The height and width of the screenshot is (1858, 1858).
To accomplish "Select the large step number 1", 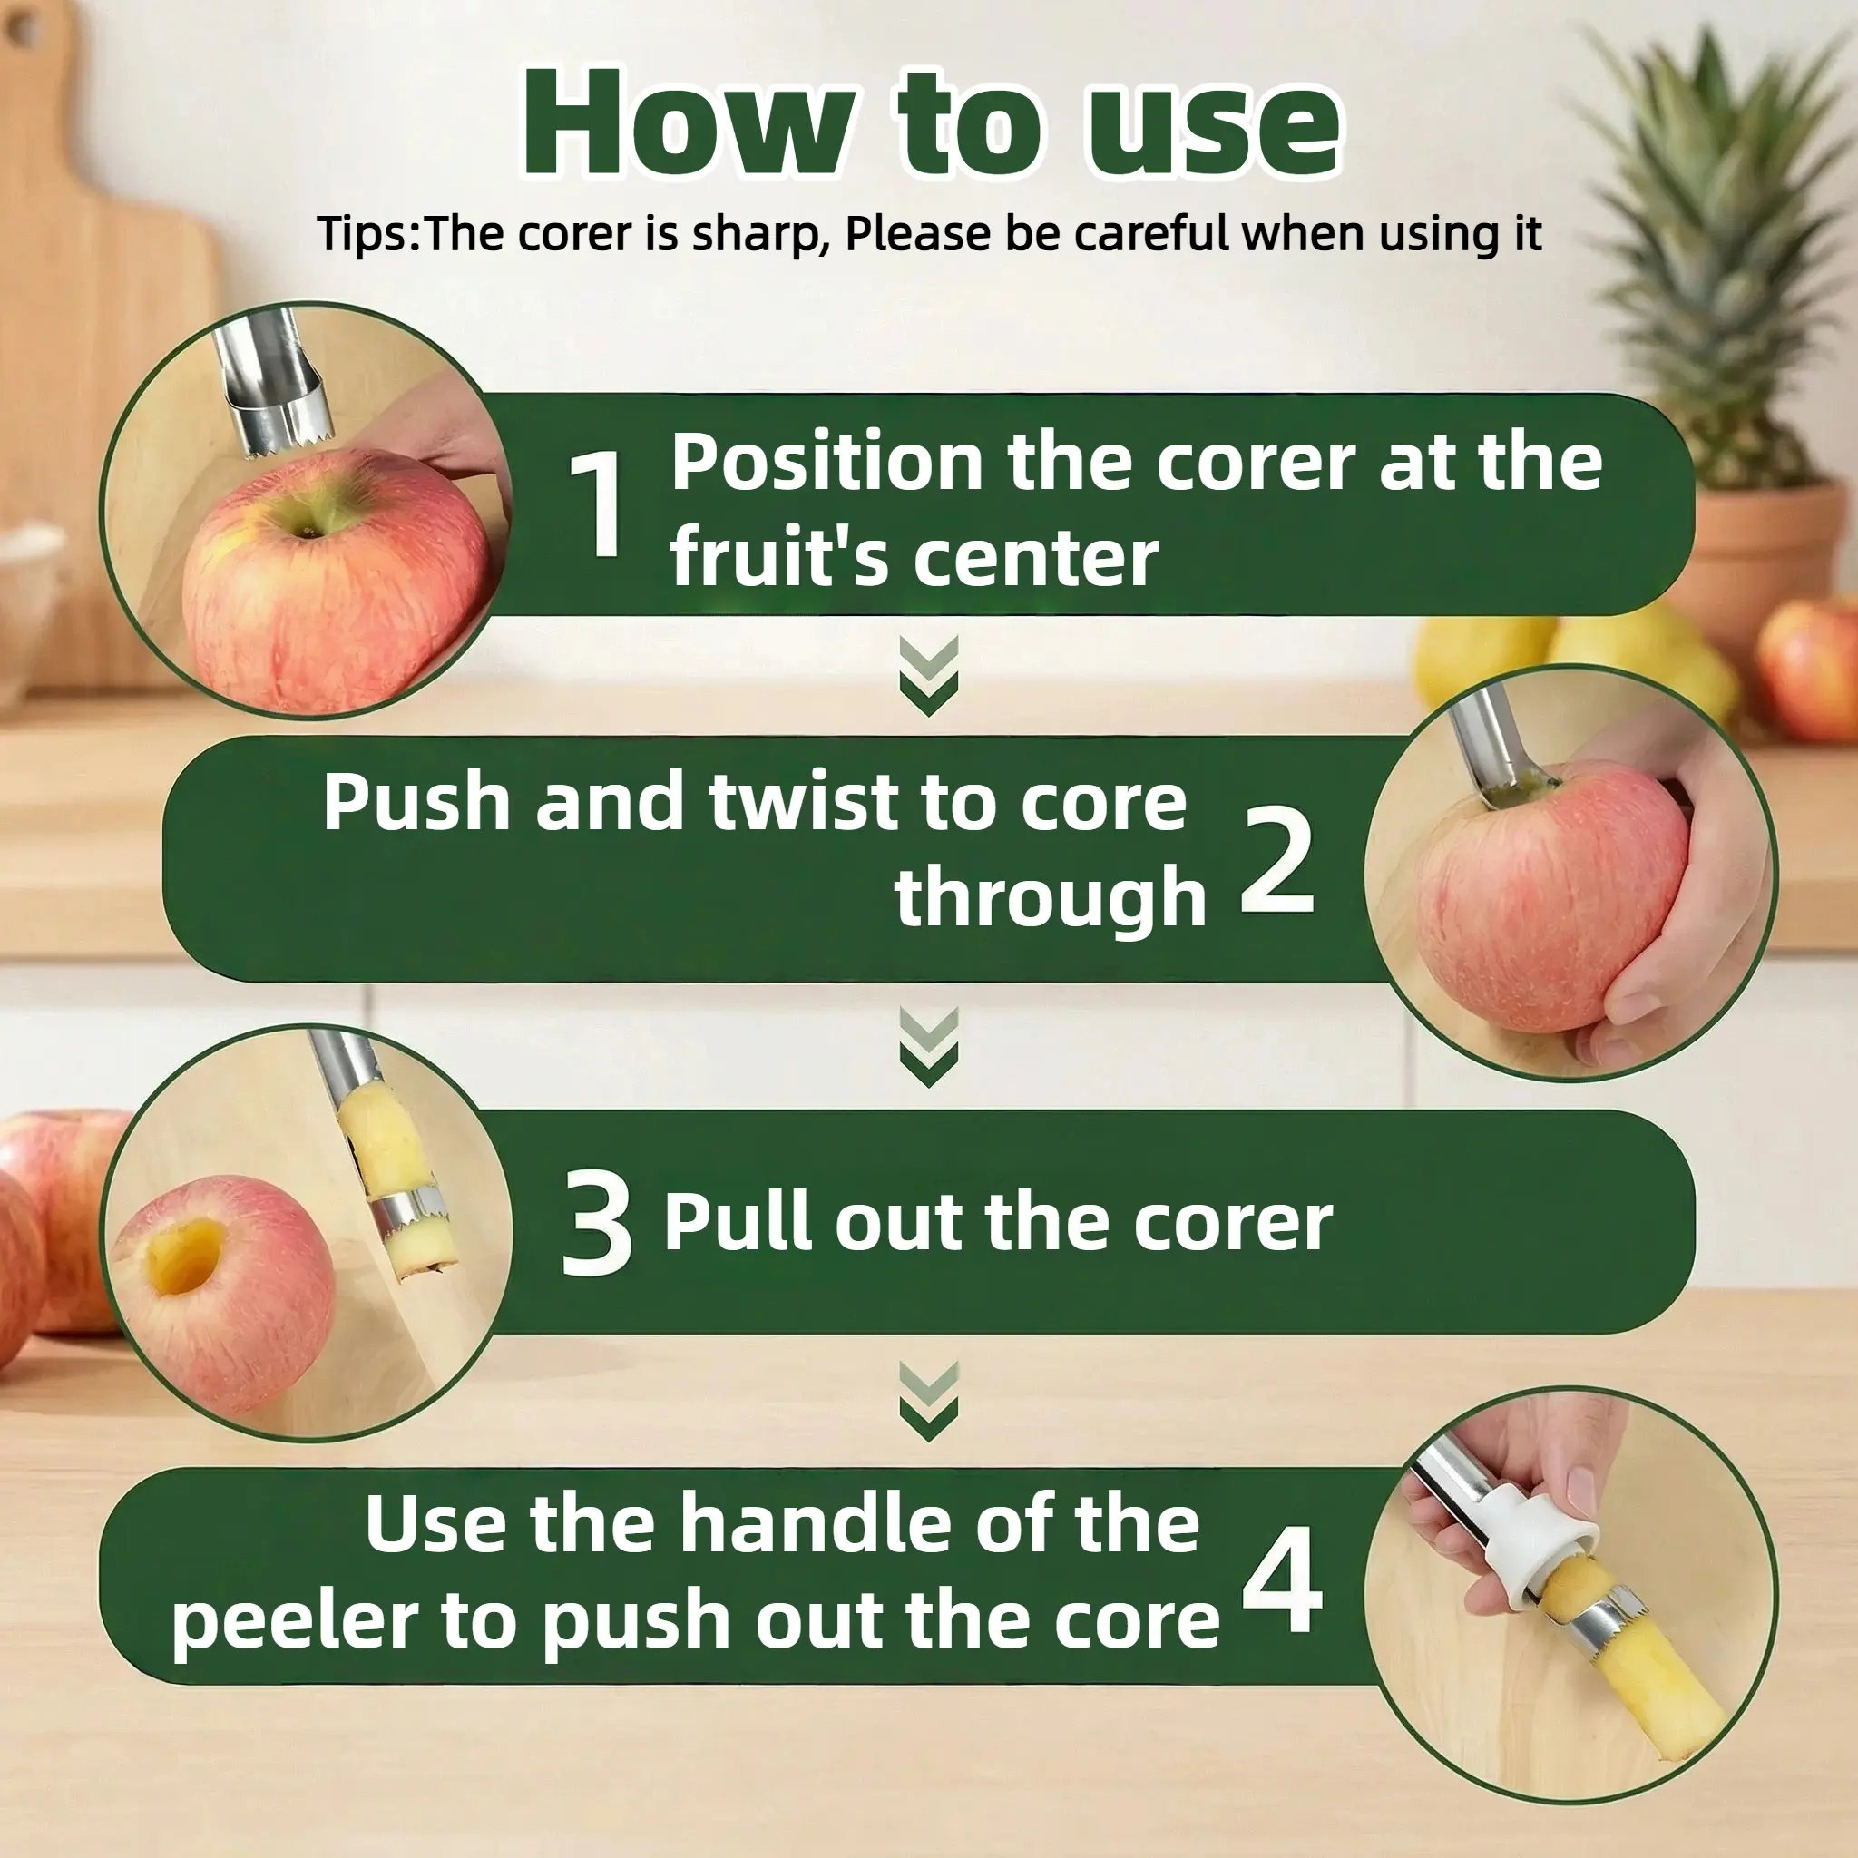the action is coord(596,504).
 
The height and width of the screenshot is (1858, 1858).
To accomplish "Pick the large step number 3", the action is coord(596,1222).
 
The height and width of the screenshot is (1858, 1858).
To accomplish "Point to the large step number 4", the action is coord(1282,1579).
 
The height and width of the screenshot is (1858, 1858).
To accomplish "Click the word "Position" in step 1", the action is coord(827,464).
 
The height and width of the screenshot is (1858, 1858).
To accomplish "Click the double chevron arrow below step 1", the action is coord(928,676).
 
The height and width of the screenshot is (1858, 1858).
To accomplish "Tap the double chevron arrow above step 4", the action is coord(928,1401).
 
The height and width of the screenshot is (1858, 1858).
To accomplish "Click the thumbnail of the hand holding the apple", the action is coord(1570,872).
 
